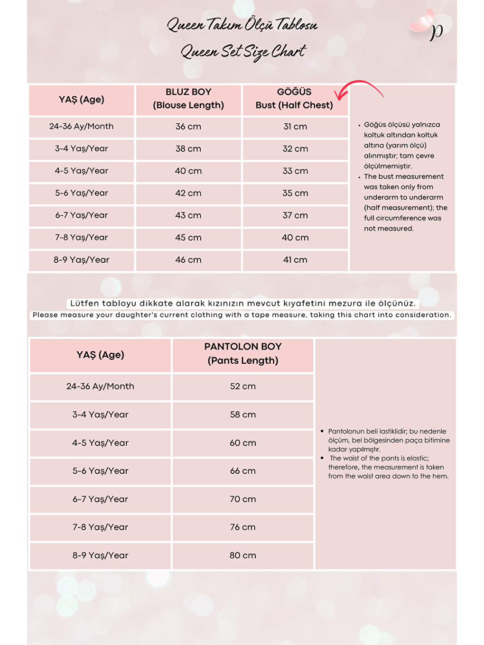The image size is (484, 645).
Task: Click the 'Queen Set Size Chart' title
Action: tap(243, 51)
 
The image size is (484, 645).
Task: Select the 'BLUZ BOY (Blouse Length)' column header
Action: tap(188, 99)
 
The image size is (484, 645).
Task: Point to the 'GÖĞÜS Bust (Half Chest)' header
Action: tap(295, 99)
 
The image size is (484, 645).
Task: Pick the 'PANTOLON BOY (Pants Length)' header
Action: tap(243, 353)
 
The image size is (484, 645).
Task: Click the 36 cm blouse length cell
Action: tap(188, 127)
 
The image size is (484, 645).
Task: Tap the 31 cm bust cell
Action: tap(295, 127)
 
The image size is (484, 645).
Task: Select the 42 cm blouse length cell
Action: tap(188, 193)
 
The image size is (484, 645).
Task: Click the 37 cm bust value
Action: tap(295, 215)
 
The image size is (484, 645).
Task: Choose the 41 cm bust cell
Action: tap(295, 260)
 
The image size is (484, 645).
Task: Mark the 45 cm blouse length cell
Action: tap(188, 238)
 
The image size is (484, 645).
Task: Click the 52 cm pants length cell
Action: tap(243, 387)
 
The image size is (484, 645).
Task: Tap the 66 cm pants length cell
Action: tap(243, 471)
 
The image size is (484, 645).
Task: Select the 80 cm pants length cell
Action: tap(243, 555)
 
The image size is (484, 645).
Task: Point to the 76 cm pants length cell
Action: tap(243, 527)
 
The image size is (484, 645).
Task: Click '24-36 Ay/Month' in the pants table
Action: tap(100, 387)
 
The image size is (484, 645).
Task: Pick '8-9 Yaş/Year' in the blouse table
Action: tap(82, 260)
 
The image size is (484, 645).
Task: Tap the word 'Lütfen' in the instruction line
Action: tap(84, 304)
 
